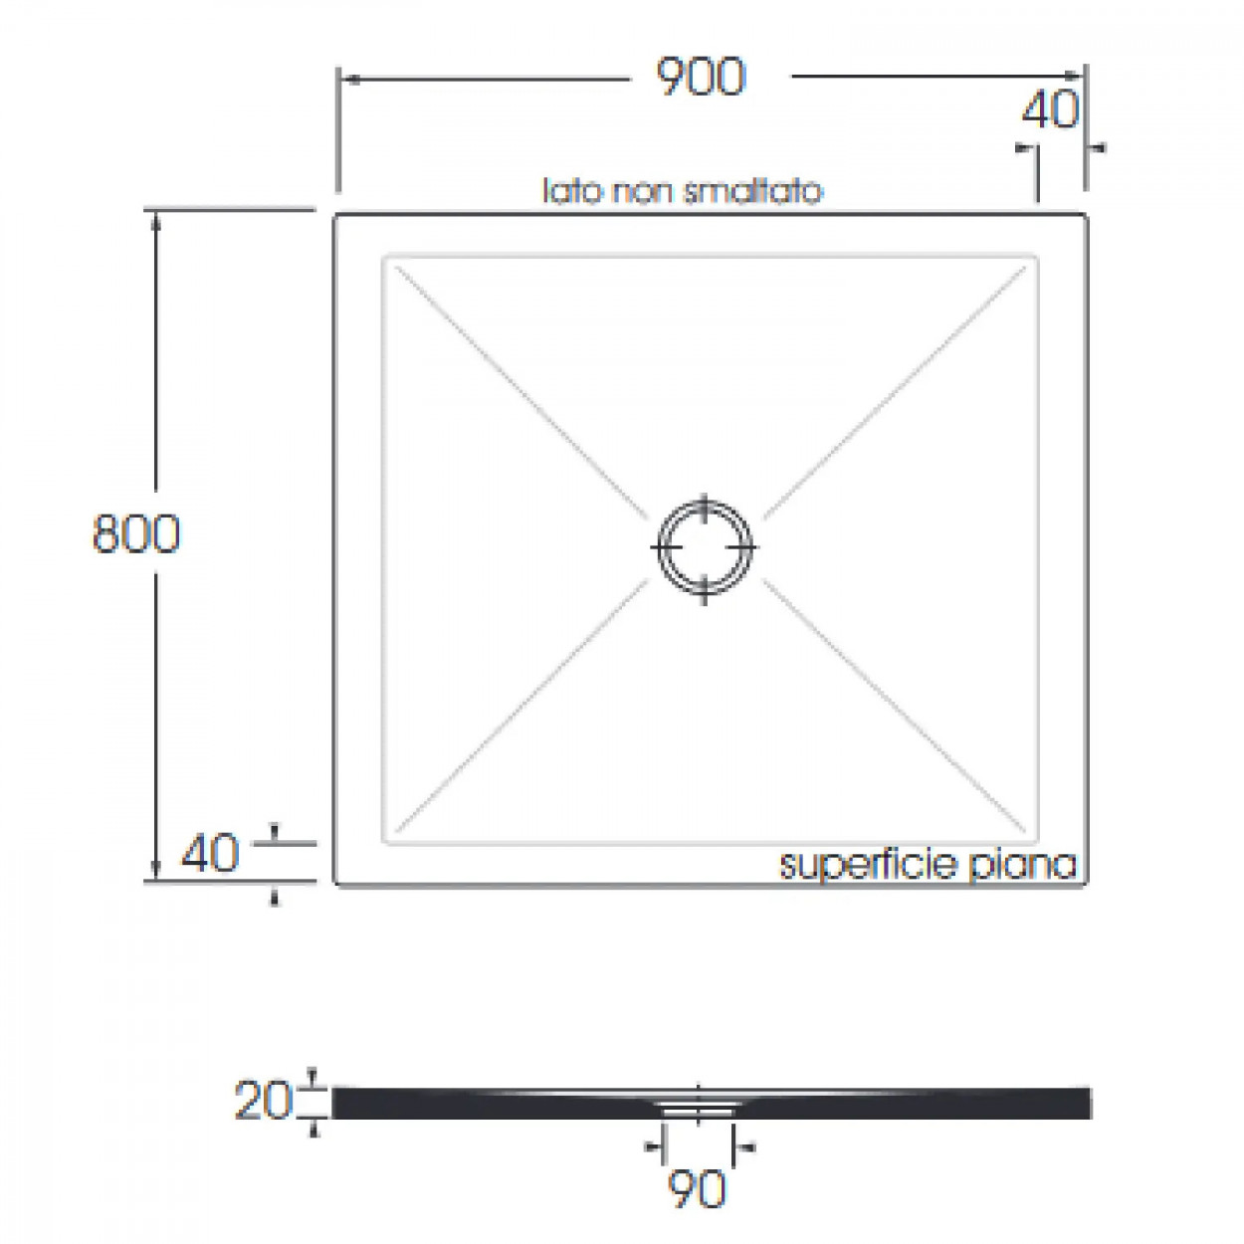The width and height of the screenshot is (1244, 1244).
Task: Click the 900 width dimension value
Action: (701, 78)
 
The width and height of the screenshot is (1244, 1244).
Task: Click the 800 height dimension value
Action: (136, 533)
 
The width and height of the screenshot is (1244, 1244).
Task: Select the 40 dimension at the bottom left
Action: (210, 854)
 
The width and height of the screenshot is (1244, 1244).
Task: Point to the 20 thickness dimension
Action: (264, 1101)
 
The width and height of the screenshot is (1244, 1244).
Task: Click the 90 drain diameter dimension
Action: (697, 1189)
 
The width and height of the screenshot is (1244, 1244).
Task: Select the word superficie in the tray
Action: (868, 865)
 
